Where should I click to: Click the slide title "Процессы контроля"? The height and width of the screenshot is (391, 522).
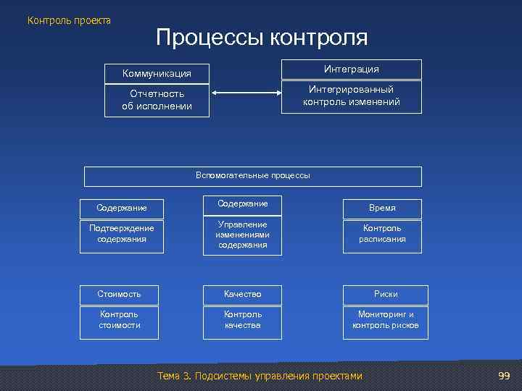coord(261,38)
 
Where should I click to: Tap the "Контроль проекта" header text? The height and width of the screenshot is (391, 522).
coord(70,20)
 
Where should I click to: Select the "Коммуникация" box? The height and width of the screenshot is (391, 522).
coord(157,73)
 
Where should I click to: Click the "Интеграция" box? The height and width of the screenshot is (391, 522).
coord(352,69)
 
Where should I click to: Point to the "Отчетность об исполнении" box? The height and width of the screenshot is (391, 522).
coord(157,100)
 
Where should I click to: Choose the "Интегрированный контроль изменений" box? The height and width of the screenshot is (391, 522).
coord(352,96)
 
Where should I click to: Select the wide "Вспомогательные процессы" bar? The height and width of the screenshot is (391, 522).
coord(253,176)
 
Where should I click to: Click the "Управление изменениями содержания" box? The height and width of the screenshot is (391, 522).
coord(242,235)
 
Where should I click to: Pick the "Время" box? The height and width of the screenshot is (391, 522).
coord(382,208)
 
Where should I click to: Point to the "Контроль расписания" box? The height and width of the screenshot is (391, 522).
coord(382,234)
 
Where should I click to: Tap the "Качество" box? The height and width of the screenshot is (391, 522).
coord(242,294)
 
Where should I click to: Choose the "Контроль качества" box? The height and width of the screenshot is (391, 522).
coord(242,320)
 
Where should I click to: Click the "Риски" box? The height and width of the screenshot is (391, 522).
coord(386,294)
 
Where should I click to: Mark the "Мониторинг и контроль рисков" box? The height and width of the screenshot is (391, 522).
coord(386,320)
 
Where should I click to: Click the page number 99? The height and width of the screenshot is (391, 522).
coord(505,376)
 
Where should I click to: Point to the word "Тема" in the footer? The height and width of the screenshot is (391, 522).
coord(169,376)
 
